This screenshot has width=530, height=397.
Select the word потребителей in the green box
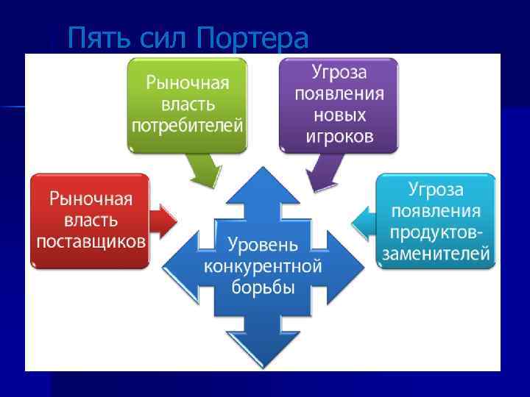pyautogui.click(x=187, y=125)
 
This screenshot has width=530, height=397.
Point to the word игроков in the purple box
pyautogui.click(x=339, y=136)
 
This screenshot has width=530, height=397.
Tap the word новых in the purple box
pyautogui.click(x=339, y=115)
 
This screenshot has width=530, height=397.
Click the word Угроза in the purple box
pyautogui.click(x=339, y=73)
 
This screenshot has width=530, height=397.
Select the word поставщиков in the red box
pyautogui.click(x=91, y=241)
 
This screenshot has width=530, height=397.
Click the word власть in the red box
pyautogui.click(x=91, y=220)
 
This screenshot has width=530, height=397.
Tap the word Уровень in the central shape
pyautogui.click(x=263, y=243)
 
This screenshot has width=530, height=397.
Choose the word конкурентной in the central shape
pyautogui.click(x=263, y=265)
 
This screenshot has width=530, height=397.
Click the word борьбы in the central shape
pyautogui.click(x=263, y=287)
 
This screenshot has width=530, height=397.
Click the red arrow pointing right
pyautogui.click(x=163, y=218)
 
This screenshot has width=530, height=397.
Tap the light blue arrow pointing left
pyautogui.click(x=363, y=221)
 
